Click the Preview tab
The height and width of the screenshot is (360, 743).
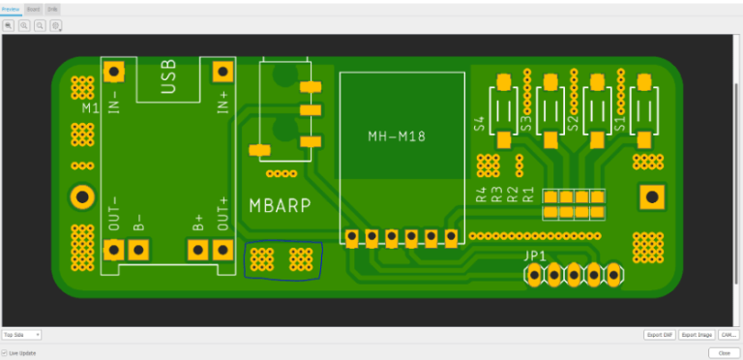(11, 9)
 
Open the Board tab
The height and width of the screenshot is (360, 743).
(33, 9)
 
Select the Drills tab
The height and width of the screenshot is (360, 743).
(52, 9)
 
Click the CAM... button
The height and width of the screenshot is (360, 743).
(728, 335)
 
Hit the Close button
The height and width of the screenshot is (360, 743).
(724, 353)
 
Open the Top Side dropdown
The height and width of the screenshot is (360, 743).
(21, 335)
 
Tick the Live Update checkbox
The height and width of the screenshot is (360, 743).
(5, 353)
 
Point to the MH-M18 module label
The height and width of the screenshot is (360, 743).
(397, 135)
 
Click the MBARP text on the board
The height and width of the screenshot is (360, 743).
(281, 205)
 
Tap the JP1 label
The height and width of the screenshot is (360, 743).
(535, 256)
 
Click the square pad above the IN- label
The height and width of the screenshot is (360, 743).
(115, 72)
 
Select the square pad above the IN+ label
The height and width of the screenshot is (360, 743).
(223, 72)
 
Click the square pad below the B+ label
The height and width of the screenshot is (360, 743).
(198, 251)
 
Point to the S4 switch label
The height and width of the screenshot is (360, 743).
(479, 123)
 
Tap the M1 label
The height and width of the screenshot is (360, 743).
(89, 108)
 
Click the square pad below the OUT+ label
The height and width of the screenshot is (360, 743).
(223, 251)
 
